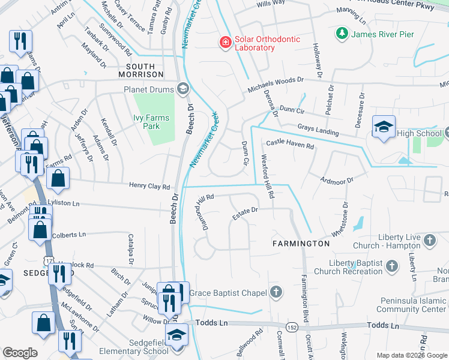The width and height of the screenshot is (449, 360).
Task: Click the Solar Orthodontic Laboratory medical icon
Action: tap(225, 42)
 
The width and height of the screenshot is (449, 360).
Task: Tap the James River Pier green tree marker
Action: tap(342, 34)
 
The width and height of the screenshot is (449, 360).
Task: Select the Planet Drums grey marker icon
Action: tap(183, 89)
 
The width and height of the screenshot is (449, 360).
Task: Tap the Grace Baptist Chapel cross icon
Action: tap(276, 293)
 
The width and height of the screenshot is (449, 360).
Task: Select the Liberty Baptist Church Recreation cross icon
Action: tap(391, 265)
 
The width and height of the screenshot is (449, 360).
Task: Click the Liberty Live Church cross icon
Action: tap(429, 241)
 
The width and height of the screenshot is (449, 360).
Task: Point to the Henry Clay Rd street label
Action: tap(149, 187)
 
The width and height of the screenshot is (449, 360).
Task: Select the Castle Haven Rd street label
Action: tap(290, 145)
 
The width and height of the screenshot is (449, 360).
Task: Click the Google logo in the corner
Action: tap(20, 353)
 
